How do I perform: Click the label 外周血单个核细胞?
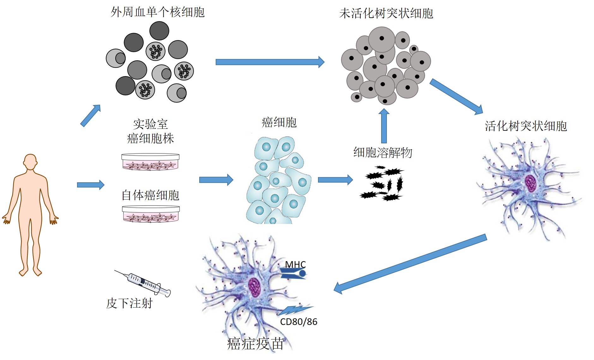click(x=158, y=12)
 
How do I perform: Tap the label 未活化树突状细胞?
click(x=386, y=14)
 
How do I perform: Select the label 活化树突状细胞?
click(x=526, y=126)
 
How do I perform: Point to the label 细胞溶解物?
click(x=383, y=152)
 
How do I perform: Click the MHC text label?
click(x=296, y=264)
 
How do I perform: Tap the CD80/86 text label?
click(x=299, y=321)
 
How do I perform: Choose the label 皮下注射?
click(x=129, y=303)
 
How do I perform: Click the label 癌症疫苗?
click(x=255, y=344)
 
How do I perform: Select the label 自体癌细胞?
click(x=151, y=195)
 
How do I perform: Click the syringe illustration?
click(x=142, y=283)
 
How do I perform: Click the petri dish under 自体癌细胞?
click(x=151, y=214)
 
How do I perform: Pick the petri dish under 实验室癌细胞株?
click(x=151, y=162)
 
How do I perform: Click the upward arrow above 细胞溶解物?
click(x=384, y=126)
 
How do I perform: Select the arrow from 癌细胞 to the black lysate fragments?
click(x=335, y=180)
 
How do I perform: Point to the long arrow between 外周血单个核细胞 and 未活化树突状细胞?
click(x=270, y=62)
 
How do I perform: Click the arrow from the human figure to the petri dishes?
click(x=91, y=185)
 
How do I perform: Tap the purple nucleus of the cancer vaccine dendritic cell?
click(x=255, y=287)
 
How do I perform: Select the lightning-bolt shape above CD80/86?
click(x=295, y=310)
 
